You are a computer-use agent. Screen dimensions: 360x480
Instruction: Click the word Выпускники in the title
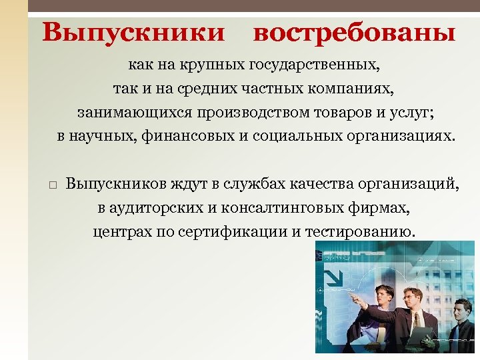coord(133,32)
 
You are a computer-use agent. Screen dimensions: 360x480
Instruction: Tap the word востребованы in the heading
coord(354,32)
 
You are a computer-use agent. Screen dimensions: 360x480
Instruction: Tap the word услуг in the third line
coord(417,112)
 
